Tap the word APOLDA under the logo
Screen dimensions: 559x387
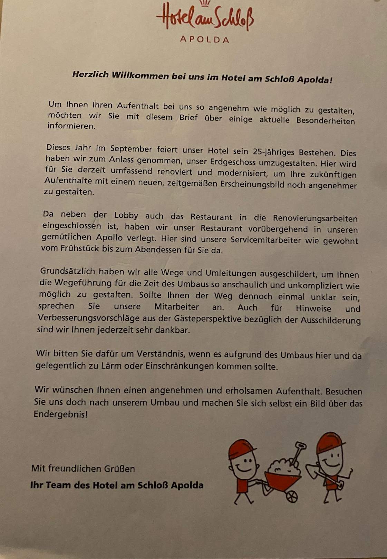point(204,39)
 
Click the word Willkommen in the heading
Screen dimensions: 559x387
point(141,75)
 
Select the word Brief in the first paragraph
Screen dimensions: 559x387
point(188,117)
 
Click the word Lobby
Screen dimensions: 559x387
point(126,216)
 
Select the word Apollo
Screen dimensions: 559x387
point(109,237)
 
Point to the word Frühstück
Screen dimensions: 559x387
point(75,248)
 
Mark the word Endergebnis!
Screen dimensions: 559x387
point(60,414)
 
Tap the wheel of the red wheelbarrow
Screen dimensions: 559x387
point(292,497)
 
